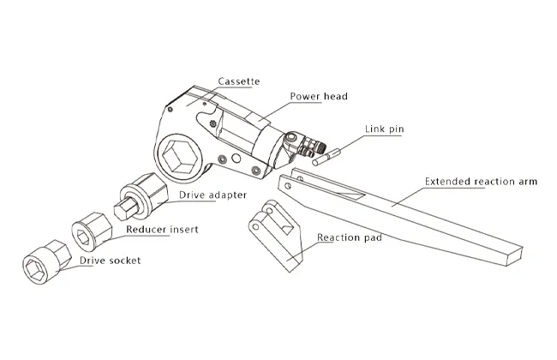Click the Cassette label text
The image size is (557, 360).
(238, 81)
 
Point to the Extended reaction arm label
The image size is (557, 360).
(481, 183)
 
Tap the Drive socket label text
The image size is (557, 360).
(110, 260)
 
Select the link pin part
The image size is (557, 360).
(329, 157)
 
